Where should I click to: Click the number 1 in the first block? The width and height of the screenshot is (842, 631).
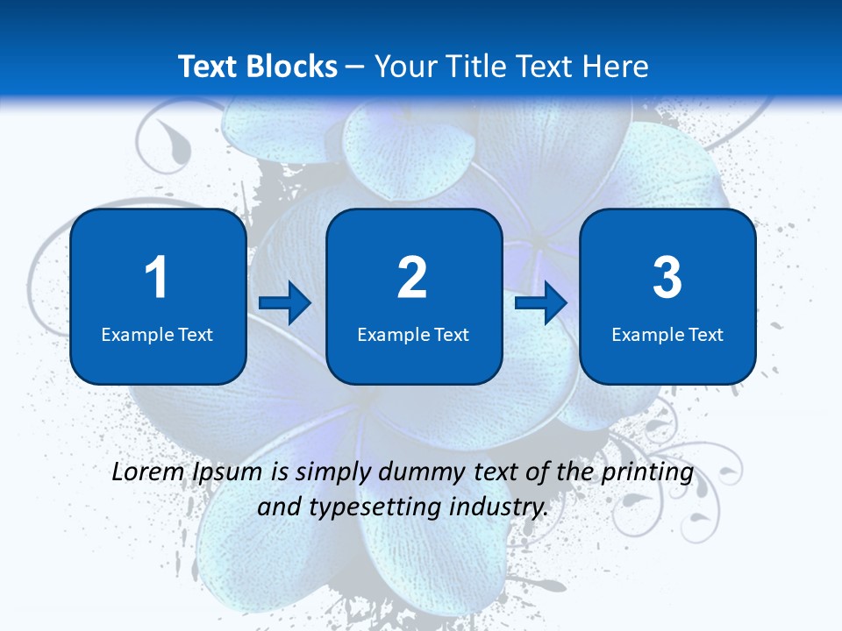(x=156, y=279)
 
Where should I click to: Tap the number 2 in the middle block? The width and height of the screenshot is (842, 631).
(x=412, y=279)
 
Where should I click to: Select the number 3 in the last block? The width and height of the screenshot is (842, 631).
(x=667, y=279)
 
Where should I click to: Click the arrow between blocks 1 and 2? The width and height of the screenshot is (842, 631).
(x=285, y=304)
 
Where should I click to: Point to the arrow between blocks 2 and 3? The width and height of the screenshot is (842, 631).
(x=541, y=304)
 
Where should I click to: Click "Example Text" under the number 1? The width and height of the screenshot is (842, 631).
(x=157, y=334)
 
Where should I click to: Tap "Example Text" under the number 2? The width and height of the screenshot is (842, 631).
(x=413, y=334)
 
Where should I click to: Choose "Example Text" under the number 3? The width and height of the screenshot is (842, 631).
(x=667, y=334)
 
